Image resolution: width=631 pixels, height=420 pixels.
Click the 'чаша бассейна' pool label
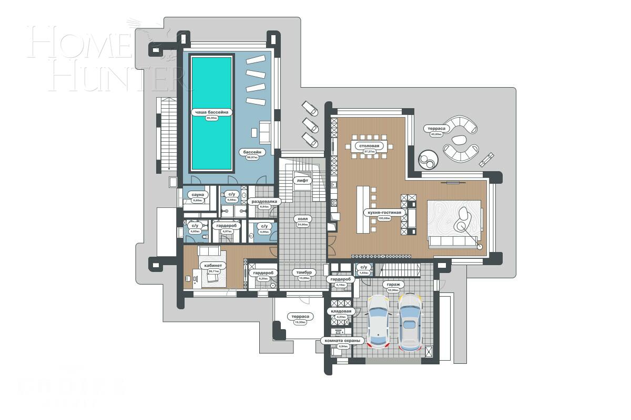point(211,112)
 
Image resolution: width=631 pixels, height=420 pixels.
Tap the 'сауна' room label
point(198,194)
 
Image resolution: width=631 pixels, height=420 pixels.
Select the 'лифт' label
point(302,180)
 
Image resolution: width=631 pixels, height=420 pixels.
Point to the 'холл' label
point(302,218)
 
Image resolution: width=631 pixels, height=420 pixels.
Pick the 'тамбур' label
point(304,272)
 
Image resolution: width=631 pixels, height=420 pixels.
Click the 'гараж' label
point(394,284)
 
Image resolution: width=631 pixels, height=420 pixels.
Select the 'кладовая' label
point(341,311)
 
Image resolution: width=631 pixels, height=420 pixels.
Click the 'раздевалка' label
point(264,201)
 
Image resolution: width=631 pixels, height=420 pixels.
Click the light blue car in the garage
point(410,321)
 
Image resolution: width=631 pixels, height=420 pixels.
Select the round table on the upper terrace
point(428,160)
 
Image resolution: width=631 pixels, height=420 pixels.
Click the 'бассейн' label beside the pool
point(252,152)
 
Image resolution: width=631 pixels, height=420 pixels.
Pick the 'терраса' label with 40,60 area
point(436,129)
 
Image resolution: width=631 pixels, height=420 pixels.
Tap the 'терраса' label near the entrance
point(301,317)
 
